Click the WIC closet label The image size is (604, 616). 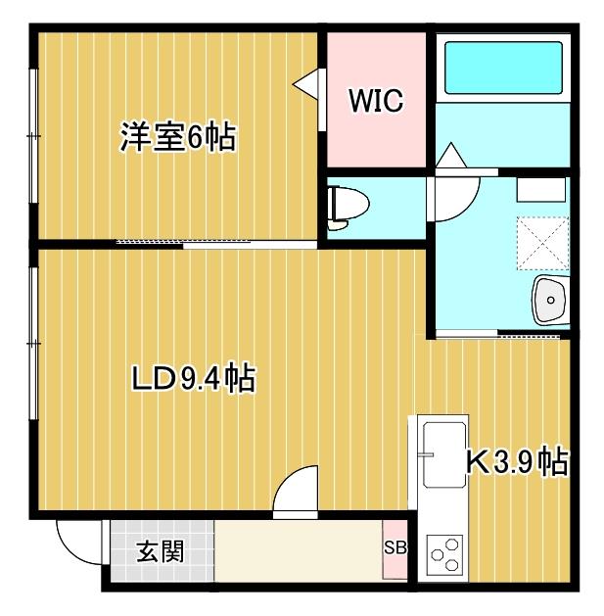tap(376, 102)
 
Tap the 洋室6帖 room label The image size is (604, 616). tap(177, 138)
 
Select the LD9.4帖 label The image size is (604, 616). tap(194, 377)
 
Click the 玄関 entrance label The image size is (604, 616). tap(160, 551)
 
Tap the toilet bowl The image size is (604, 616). tap(348, 205)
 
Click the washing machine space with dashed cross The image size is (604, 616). tap(541, 240)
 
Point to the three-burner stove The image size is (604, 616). tap(444, 554)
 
